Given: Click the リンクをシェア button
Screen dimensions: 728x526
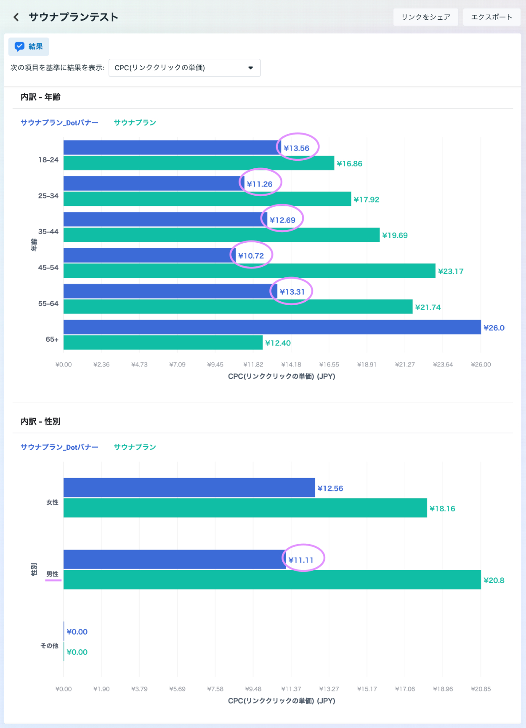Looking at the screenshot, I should tap(425, 17).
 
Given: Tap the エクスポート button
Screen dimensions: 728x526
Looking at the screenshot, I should tap(491, 17).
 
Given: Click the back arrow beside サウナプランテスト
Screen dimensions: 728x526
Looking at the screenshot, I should tap(16, 17).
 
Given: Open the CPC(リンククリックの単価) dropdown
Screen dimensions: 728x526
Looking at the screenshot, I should tap(184, 68).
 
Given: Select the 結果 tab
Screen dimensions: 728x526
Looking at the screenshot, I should tap(29, 47).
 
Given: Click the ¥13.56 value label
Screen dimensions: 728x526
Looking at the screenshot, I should tap(297, 148).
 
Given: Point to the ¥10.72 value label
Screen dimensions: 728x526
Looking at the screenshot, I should tap(251, 256).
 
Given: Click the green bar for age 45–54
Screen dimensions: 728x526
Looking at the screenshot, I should tap(249, 271).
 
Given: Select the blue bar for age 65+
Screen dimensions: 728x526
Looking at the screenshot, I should tap(272, 327).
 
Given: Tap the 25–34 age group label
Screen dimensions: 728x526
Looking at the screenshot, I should tap(48, 196).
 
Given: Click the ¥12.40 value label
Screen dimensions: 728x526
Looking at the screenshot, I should tap(278, 343).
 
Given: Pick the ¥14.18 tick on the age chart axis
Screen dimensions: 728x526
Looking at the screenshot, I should tap(291, 364).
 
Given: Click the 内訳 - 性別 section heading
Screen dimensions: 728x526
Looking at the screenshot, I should tap(40, 421).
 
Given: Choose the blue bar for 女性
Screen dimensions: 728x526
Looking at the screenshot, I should tap(189, 488).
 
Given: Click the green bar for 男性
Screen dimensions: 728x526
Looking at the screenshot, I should tap(272, 580).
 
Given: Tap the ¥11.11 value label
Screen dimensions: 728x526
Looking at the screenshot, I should tap(301, 560).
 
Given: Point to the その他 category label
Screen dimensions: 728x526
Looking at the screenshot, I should tap(49, 646).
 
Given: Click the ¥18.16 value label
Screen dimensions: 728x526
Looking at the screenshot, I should tap(442, 508).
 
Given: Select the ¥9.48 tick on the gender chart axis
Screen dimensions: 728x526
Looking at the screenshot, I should tap(253, 689).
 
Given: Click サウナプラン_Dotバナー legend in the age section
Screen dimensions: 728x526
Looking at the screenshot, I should tap(59, 122).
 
